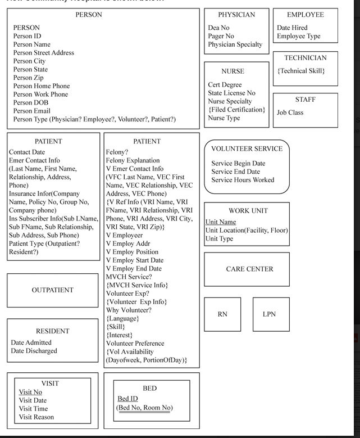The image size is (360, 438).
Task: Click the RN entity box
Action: tap(222, 314)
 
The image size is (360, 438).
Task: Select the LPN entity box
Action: tap(270, 314)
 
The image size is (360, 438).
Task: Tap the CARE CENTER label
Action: tap(249, 269)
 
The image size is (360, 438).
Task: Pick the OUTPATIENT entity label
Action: tap(52, 290)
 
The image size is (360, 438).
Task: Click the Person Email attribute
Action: tap(31, 111)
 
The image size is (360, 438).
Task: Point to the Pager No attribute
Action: tap(221, 36)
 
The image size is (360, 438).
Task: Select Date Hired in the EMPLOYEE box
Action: tap(292, 28)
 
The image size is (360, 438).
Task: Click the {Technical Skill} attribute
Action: tap(301, 71)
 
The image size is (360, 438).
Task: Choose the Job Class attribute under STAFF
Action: tap(290, 112)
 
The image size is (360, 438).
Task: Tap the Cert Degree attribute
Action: tap(225, 85)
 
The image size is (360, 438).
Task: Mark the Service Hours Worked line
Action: tap(243, 180)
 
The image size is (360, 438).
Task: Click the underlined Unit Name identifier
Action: tap(221, 222)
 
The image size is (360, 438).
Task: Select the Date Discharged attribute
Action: tap(34, 351)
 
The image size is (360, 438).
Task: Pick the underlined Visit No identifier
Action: tap(30, 392)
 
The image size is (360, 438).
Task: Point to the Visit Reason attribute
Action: tap(37, 417)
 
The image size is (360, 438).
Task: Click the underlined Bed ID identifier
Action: tap(127, 399)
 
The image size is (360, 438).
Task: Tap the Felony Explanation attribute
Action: tap(133, 160)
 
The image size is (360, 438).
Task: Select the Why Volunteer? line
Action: tap(129, 310)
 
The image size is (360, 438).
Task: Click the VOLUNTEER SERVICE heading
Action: tap(247, 149)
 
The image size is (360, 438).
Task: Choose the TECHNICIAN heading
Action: tap(305, 58)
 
